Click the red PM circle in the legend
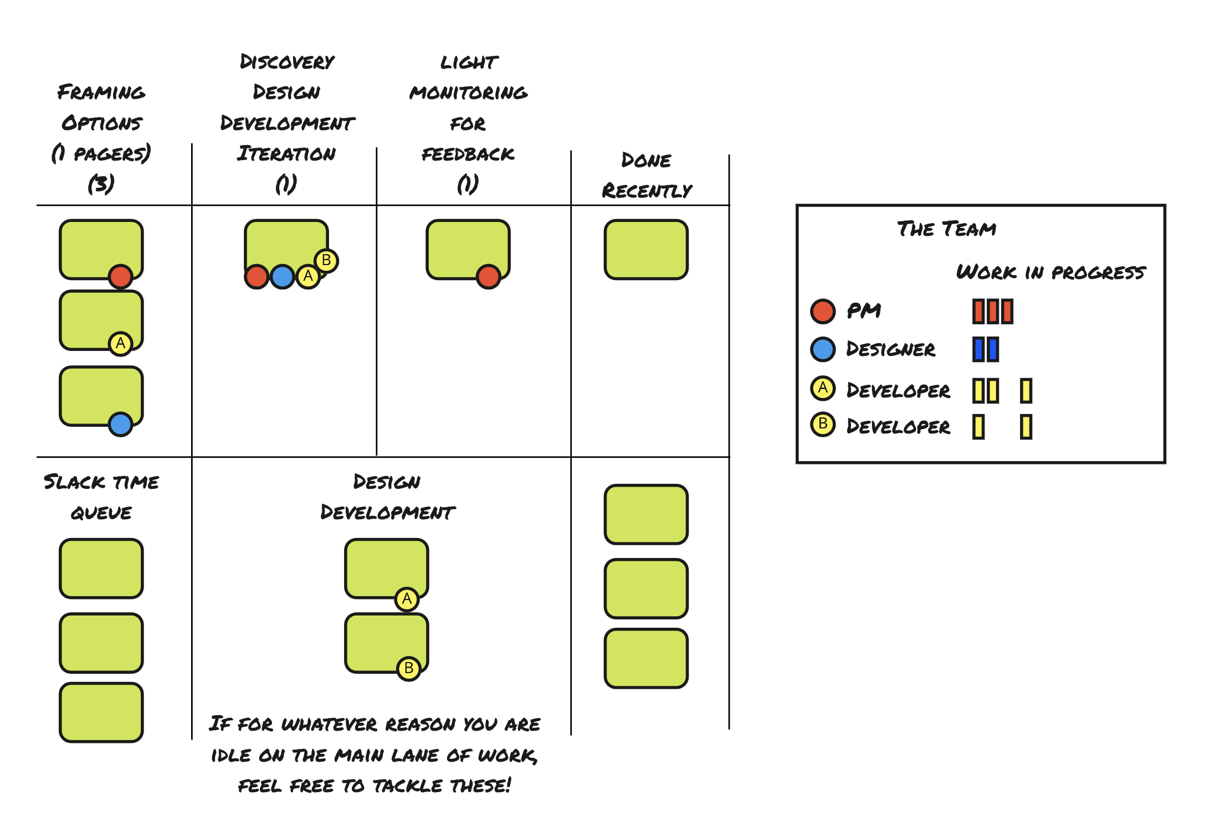[x=823, y=311]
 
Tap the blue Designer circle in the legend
[x=823, y=349]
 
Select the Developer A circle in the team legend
[x=823, y=388]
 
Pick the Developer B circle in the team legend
[x=823, y=425]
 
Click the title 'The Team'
[x=946, y=229]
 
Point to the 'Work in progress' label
[x=1050, y=272]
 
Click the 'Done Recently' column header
[x=647, y=175]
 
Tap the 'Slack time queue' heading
[x=101, y=497]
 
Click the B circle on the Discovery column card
[x=326, y=260]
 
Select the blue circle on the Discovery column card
[x=283, y=277]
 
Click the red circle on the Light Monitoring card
[x=489, y=277]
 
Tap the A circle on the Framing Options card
[x=120, y=344]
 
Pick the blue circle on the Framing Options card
[x=120, y=425]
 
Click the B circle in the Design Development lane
[x=409, y=669]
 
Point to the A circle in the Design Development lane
[x=407, y=599]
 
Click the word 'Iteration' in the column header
[x=286, y=153]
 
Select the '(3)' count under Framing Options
[x=101, y=183]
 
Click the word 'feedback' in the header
[x=468, y=154]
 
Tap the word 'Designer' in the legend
[x=890, y=349]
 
